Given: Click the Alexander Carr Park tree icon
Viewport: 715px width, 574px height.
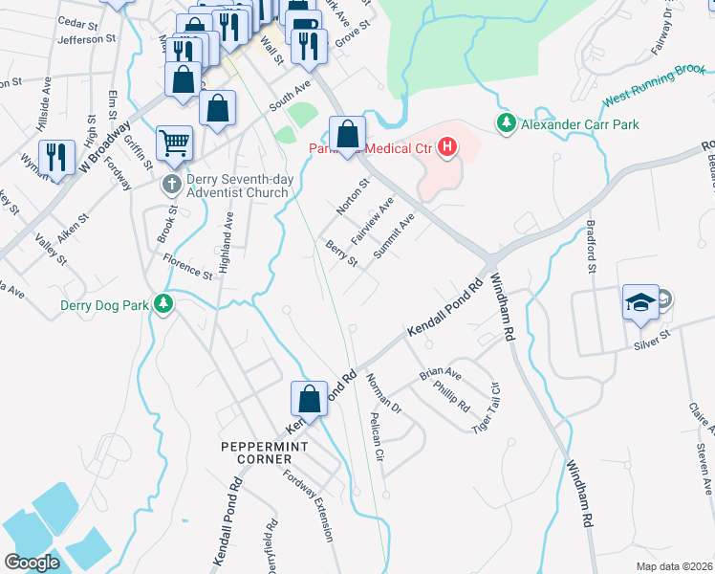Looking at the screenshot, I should tap(505, 123).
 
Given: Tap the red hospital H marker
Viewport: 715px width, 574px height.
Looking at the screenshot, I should tap(446, 147).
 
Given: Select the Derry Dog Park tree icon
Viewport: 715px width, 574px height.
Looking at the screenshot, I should tap(164, 304).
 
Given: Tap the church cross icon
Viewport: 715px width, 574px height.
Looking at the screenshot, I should tap(172, 184).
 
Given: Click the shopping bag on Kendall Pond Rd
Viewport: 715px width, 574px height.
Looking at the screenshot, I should tap(310, 398).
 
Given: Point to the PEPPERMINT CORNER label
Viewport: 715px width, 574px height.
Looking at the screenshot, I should tap(262, 447).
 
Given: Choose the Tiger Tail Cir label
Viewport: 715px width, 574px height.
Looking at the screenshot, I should tap(487, 407).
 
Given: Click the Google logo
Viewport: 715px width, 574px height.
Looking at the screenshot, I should tap(32, 562).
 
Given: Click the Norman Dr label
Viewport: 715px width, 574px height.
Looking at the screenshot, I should tap(383, 393).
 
